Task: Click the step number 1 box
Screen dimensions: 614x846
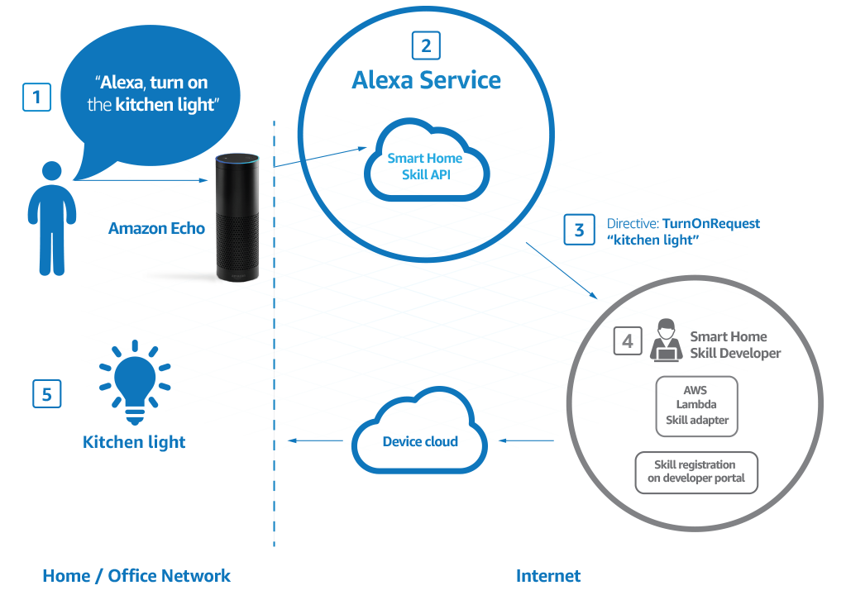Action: tap(36, 98)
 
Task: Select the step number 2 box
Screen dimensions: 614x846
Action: tap(425, 45)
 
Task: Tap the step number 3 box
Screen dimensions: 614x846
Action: tap(579, 230)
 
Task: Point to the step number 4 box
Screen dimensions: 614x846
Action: tap(628, 340)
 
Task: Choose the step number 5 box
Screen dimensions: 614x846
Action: tap(46, 394)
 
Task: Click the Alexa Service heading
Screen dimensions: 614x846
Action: tap(426, 80)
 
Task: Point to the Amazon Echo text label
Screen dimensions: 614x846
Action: tap(156, 228)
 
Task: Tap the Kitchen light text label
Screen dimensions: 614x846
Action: tap(134, 442)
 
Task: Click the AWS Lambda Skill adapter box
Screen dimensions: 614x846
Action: tap(695, 405)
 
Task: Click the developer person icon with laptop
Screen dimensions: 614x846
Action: tap(666, 342)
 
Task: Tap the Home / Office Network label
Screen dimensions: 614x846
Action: tap(136, 576)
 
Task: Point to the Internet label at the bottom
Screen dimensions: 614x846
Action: tap(547, 576)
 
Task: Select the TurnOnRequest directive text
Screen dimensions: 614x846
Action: tap(710, 223)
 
